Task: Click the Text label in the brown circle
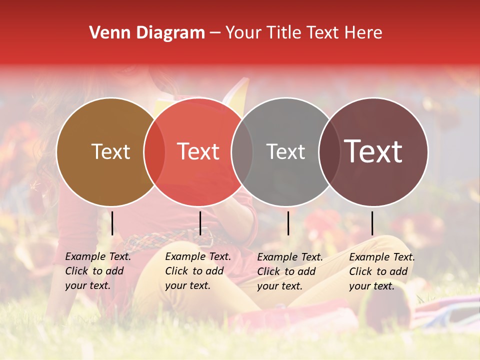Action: click(x=110, y=151)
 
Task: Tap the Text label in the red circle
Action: click(x=198, y=151)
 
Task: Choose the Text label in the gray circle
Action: click(x=285, y=151)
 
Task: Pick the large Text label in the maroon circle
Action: click(x=373, y=151)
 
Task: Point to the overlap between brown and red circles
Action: click(x=154, y=151)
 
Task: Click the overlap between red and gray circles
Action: click(x=242, y=151)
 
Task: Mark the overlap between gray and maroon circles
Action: click(x=329, y=151)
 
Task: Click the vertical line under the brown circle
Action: click(x=112, y=223)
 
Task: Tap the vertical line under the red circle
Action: click(x=200, y=223)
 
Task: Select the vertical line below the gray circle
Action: click(x=288, y=223)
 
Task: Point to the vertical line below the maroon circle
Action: click(x=372, y=223)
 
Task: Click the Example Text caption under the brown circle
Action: click(x=97, y=271)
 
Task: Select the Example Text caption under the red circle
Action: click(x=197, y=271)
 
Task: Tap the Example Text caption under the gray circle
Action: click(x=289, y=271)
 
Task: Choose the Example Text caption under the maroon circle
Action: click(x=381, y=271)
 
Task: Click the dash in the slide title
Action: click(x=215, y=33)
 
